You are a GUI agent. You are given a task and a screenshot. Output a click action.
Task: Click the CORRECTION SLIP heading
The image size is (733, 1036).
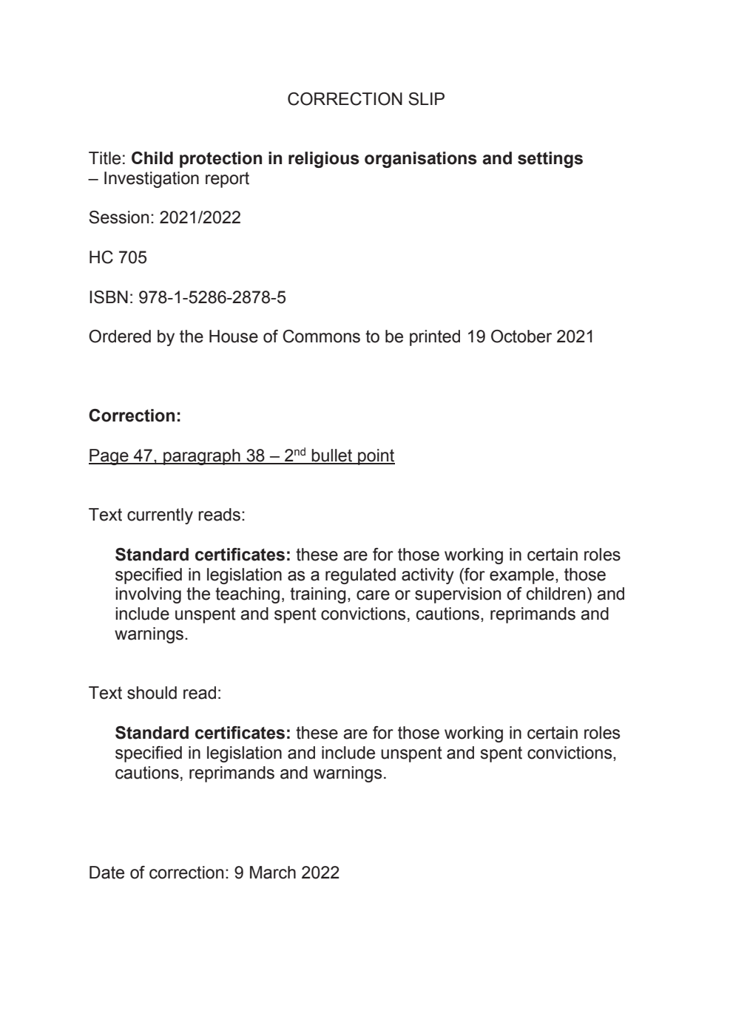click(366, 99)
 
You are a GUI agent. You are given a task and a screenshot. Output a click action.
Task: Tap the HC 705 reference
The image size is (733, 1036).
click(118, 257)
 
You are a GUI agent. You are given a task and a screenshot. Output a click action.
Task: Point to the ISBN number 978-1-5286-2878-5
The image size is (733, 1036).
click(212, 297)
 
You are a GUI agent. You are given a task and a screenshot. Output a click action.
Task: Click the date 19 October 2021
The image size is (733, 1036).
click(530, 337)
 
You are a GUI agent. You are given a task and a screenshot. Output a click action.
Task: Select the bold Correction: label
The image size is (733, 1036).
click(135, 416)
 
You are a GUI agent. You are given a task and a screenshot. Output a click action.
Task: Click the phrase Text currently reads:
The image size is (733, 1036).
click(166, 515)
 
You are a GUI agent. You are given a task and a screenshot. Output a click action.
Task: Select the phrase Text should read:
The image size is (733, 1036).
click(155, 694)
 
